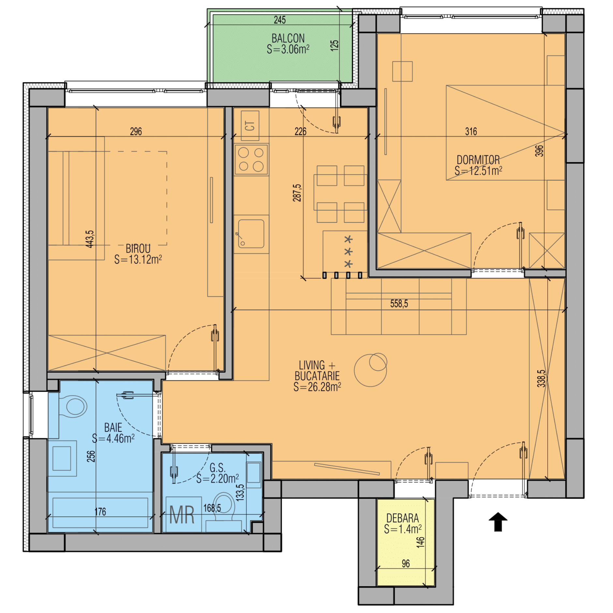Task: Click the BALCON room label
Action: (x=288, y=38)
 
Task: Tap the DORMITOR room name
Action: (x=478, y=160)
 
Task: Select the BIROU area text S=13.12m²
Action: (x=138, y=259)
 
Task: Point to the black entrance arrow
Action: (x=498, y=522)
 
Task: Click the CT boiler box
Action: (x=250, y=126)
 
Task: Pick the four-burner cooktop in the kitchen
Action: (x=251, y=159)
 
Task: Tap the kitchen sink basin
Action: (x=251, y=233)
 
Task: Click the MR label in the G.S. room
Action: (x=182, y=515)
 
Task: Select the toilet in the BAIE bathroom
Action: (x=73, y=406)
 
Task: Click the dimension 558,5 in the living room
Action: (x=399, y=304)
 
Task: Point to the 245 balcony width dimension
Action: (x=280, y=20)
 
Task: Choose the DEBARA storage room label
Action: (x=402, y=518)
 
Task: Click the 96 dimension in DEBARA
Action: (x=406, y=563)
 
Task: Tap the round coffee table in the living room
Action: (x=370, y=370)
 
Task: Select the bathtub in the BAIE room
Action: (x=100, y=512)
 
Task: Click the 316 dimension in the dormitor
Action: (x=471, y=131)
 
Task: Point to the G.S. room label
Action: (x=217, y=468)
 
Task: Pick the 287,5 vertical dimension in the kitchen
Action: (x=297, y=193)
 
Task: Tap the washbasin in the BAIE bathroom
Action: (x=62, y=458)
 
